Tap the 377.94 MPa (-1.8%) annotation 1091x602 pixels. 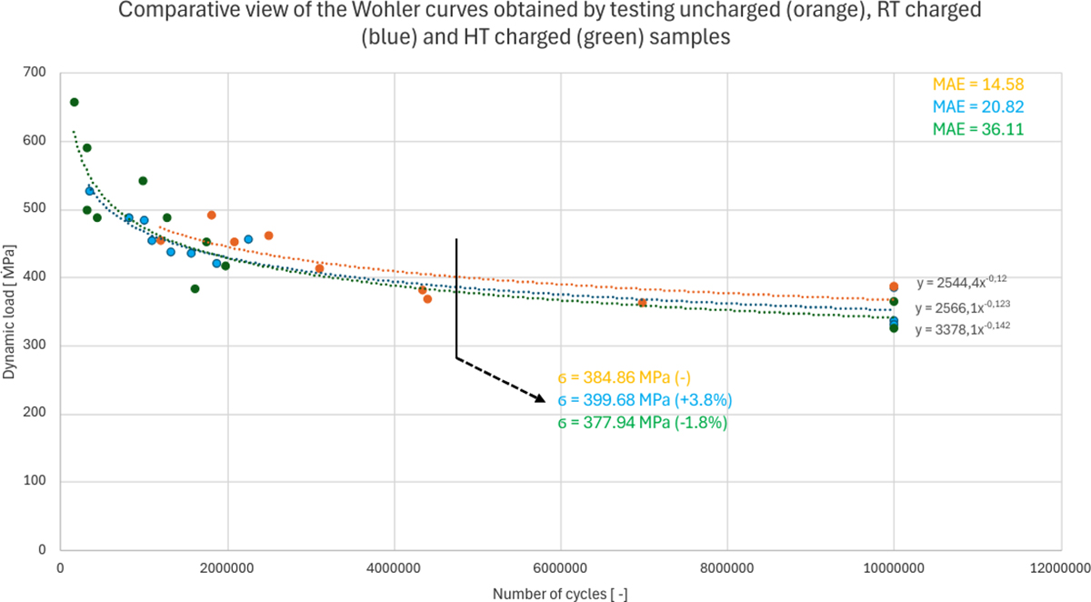(642, 423)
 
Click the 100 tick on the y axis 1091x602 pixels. (35, 483)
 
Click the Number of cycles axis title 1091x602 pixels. (560, 594)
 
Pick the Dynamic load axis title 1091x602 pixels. (11, 309)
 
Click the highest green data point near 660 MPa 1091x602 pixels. (75, 102)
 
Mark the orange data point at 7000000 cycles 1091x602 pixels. (643, 303)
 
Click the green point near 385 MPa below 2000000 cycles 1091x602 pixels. (195, 289)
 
